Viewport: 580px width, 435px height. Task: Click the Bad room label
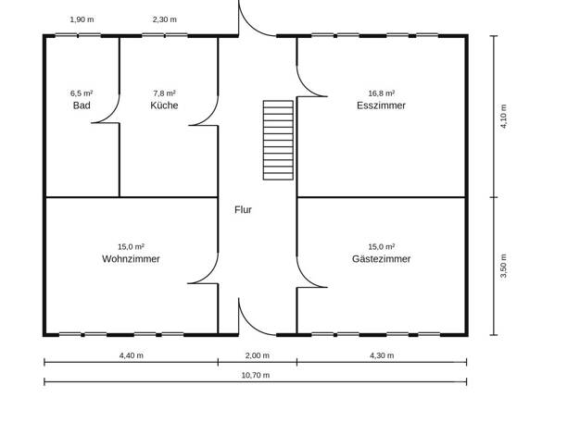[x=82, y=106]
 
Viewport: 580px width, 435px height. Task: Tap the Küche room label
[x=164, y=106]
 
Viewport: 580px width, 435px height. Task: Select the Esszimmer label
[x=381, y=106]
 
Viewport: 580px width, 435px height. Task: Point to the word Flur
[x=243, y=210]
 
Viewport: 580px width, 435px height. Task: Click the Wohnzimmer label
[x=131, y=259]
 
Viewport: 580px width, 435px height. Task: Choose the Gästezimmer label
[x=381, y=259]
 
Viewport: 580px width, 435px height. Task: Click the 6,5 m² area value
[x=82, y=93]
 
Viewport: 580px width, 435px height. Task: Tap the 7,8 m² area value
[x=164, y=93]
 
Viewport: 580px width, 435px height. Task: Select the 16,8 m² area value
[x=382, y=93]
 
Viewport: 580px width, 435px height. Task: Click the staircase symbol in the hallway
[x=278, y=141]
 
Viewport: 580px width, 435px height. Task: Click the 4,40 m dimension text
[x=132, y=355]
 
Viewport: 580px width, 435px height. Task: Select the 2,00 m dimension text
[x=258, y=355]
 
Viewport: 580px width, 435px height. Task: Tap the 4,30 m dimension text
[x=382, y=355]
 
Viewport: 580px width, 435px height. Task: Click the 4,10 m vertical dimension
[x=503, y=117]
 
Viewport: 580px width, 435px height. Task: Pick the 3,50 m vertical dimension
[x=503, y=267]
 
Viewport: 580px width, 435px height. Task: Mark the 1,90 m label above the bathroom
[x=82, y=19]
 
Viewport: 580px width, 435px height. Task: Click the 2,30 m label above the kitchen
[x=165, y=19]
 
